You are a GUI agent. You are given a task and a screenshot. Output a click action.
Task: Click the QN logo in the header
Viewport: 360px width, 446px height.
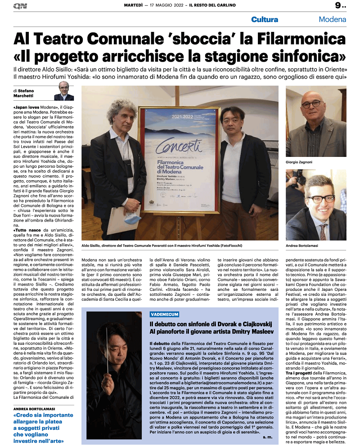pos(20,5)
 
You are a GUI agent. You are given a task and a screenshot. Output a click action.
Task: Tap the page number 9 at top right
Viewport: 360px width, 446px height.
pos(338,6)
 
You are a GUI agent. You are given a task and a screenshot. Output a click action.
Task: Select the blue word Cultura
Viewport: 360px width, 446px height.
pos(265,20)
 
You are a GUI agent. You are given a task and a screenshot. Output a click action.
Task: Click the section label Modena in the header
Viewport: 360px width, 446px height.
pos(332,20)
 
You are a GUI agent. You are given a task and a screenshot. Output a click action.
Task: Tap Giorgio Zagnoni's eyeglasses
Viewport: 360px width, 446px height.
pos(311,104)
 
